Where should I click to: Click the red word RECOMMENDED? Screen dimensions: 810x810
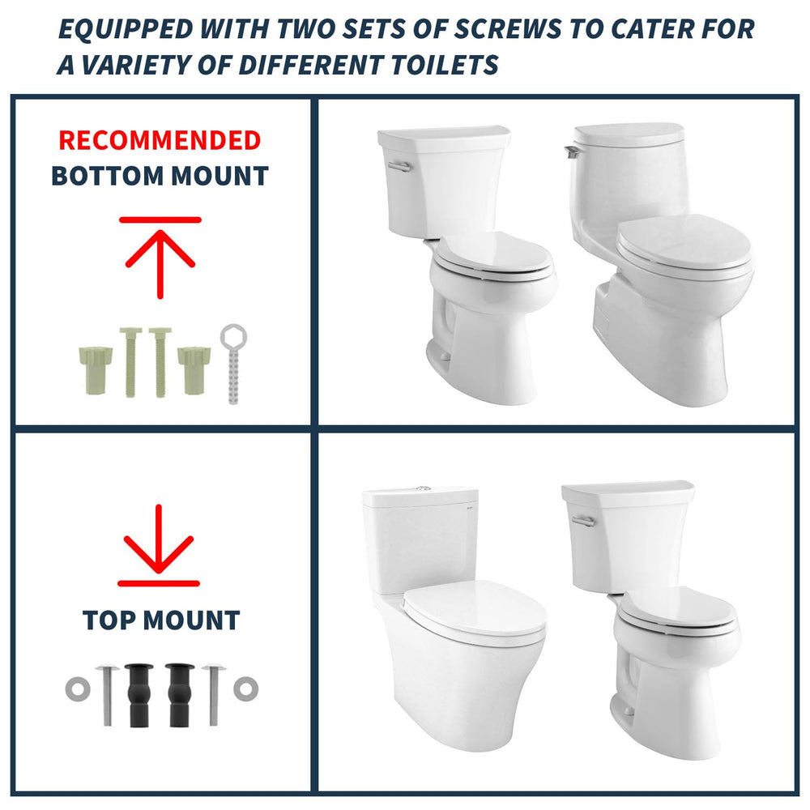point(160,140)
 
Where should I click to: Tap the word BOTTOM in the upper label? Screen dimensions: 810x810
point(108,176)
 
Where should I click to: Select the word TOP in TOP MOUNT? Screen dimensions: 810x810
point(109,620)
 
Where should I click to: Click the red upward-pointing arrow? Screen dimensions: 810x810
point(160,258)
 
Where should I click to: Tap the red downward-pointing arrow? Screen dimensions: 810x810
point(159,545)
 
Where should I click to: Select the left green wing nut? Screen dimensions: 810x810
point(96,371)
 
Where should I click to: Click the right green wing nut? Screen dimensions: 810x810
point(194,371)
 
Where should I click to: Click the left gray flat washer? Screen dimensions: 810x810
point(78,689)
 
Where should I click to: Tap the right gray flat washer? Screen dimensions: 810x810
point(246,688)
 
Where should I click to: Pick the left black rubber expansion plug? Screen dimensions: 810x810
point(139,695)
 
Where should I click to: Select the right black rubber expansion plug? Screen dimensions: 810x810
point(180,695)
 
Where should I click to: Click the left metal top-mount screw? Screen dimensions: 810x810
point(108,695)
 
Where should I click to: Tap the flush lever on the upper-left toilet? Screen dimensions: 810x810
point(399,166)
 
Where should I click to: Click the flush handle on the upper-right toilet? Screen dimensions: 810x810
point(573,151)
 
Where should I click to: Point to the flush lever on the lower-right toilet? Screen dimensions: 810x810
point(583,521)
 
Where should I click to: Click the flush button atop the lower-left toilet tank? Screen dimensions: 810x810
point(424,488)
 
